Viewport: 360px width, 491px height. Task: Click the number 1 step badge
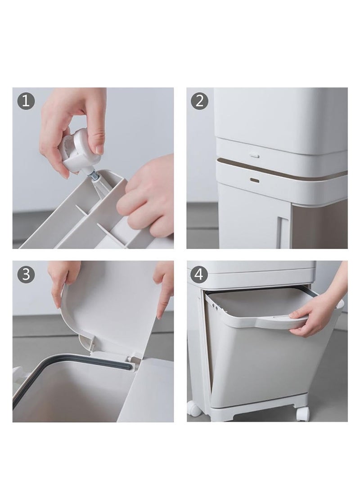(26, 101)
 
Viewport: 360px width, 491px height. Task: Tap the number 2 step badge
(200, 101)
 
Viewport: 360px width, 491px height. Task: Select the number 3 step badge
(26, 274)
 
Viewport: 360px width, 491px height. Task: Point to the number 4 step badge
(200, 274)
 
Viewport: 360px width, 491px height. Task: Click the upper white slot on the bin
(255, 155)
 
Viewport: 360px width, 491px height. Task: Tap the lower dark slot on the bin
(255, 179)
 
